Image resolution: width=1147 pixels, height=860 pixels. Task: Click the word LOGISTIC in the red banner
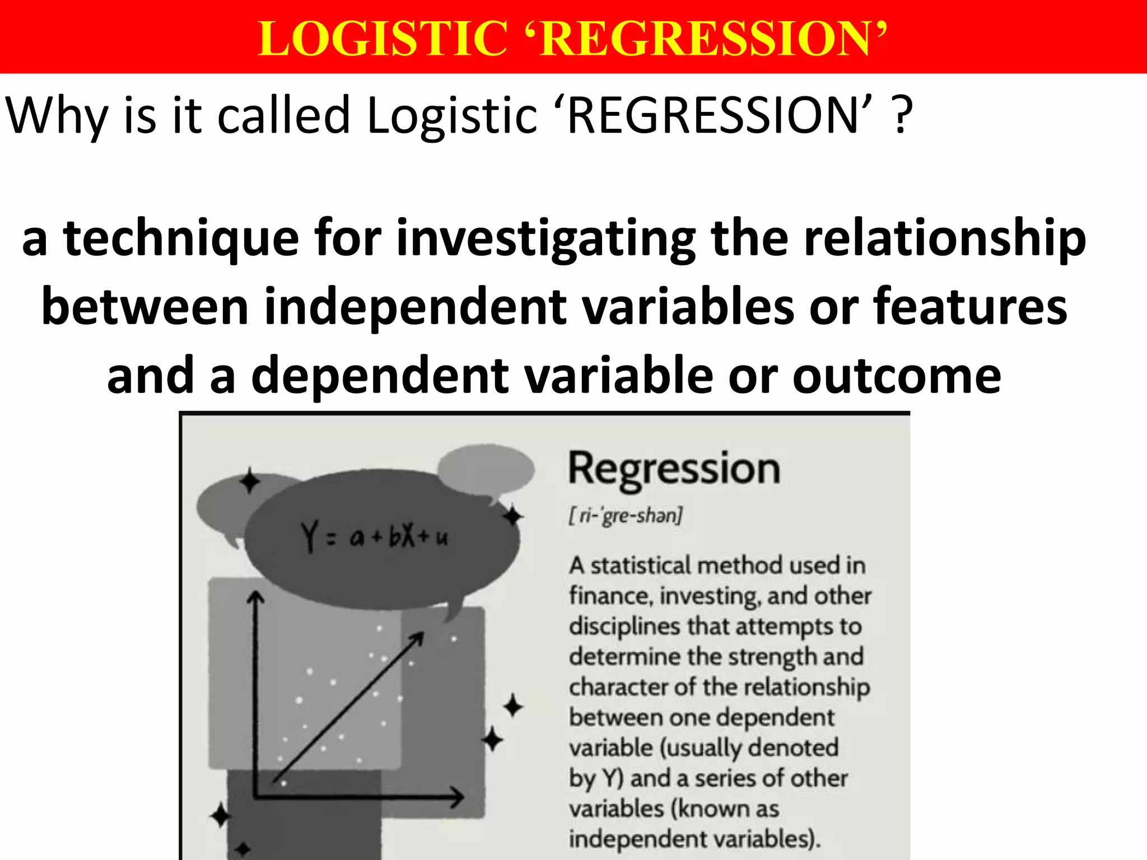(x=383, y=38)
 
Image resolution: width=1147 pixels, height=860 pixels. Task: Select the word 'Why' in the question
(x=57, y=116)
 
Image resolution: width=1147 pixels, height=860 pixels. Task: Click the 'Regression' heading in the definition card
(x=674, y=469)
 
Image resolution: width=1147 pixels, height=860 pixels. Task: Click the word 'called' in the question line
(x=283, y=116)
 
